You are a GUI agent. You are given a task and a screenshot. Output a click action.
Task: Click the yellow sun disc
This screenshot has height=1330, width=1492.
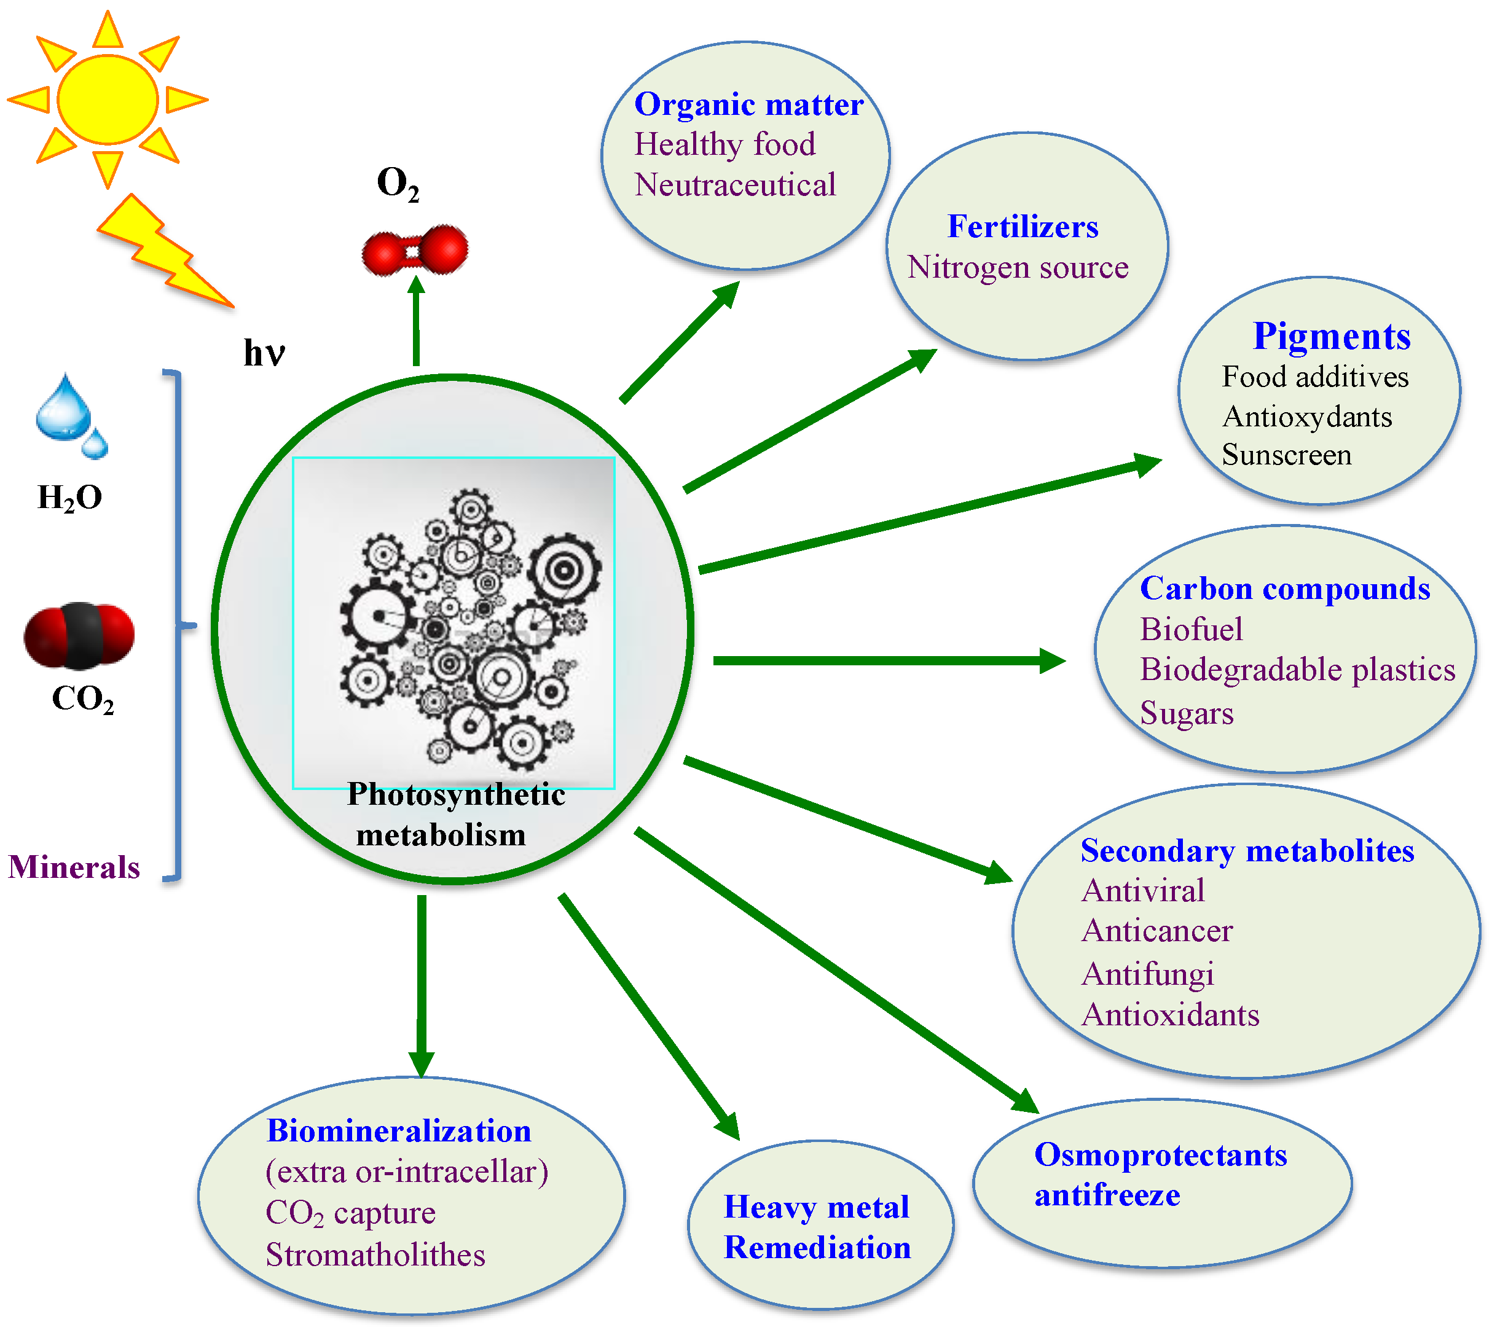point(108,100)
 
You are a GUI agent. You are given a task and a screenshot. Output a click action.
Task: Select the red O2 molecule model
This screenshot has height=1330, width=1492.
point(415,251)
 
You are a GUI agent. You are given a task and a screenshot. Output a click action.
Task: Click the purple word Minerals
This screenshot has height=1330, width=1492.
point(74,867)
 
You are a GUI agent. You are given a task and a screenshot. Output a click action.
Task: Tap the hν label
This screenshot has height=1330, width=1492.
point(263,353)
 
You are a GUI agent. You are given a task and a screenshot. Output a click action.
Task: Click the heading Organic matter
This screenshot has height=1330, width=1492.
point(748,104)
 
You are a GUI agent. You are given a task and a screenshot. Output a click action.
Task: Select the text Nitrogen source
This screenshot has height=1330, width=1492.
point(1018,267)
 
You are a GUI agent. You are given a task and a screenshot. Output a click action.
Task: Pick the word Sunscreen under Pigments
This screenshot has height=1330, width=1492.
point(1286,455)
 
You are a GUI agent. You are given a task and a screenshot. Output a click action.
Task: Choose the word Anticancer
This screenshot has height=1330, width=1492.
point(1156,931)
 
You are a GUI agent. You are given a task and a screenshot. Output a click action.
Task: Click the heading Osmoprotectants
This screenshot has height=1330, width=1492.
point(1160,1156)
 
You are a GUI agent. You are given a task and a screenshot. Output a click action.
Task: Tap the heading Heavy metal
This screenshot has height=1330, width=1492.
point(816,1207)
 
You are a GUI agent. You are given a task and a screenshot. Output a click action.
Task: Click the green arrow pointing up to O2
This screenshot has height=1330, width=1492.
point(416,321)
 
